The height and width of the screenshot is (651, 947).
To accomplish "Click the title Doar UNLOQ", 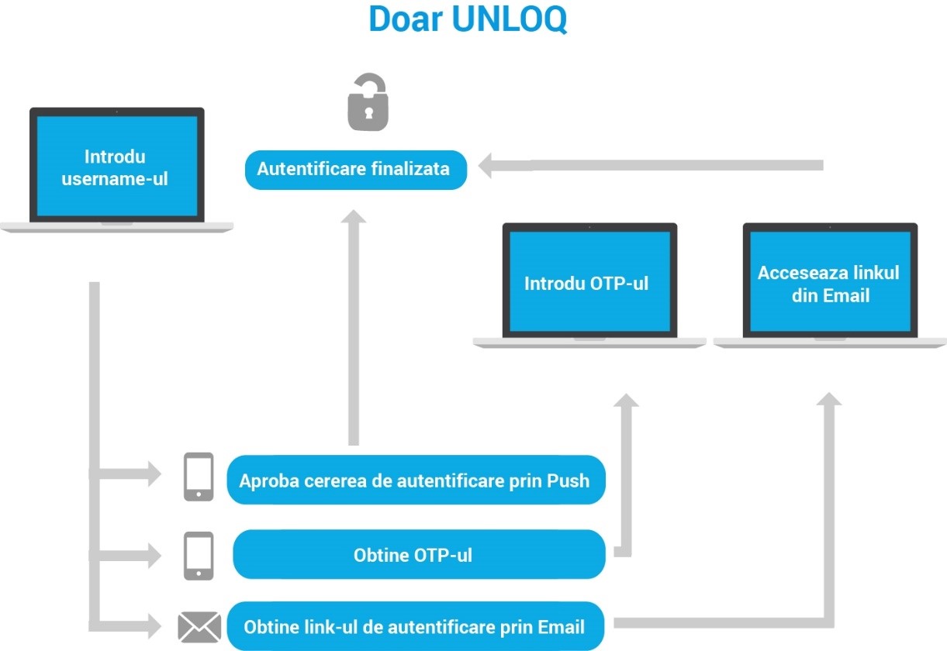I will click(x=468, y=19).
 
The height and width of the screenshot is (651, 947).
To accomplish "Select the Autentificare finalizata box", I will click(x=356, y=170).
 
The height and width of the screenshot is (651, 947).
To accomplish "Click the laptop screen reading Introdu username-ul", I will click(x=116, y=167).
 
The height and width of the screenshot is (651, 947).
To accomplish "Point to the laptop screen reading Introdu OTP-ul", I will click(x=588, y=283).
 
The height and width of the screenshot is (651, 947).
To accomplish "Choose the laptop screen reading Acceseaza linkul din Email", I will click(x=829, y=283).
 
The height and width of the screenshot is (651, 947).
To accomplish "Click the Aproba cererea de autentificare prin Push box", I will click(x=415, y=480).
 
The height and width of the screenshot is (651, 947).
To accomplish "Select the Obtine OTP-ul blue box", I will click(x=418, y=555).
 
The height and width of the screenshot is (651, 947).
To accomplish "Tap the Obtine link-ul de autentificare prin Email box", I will click(x=415, y=625).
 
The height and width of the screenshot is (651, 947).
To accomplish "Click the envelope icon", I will click(x=199, y=627).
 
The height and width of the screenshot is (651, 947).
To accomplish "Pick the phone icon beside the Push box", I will click(x=199, y=477).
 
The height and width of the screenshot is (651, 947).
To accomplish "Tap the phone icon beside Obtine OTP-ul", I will click(x=199, y=556).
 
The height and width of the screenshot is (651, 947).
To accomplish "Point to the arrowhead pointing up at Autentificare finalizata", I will click(x=354, y=218).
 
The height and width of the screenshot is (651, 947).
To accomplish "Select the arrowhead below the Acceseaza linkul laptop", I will click(x=829, y=400).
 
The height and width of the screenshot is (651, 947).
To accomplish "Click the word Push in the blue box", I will click(x=568, y=480).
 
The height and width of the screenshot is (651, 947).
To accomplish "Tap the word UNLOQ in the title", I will click(x=509, y=19).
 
